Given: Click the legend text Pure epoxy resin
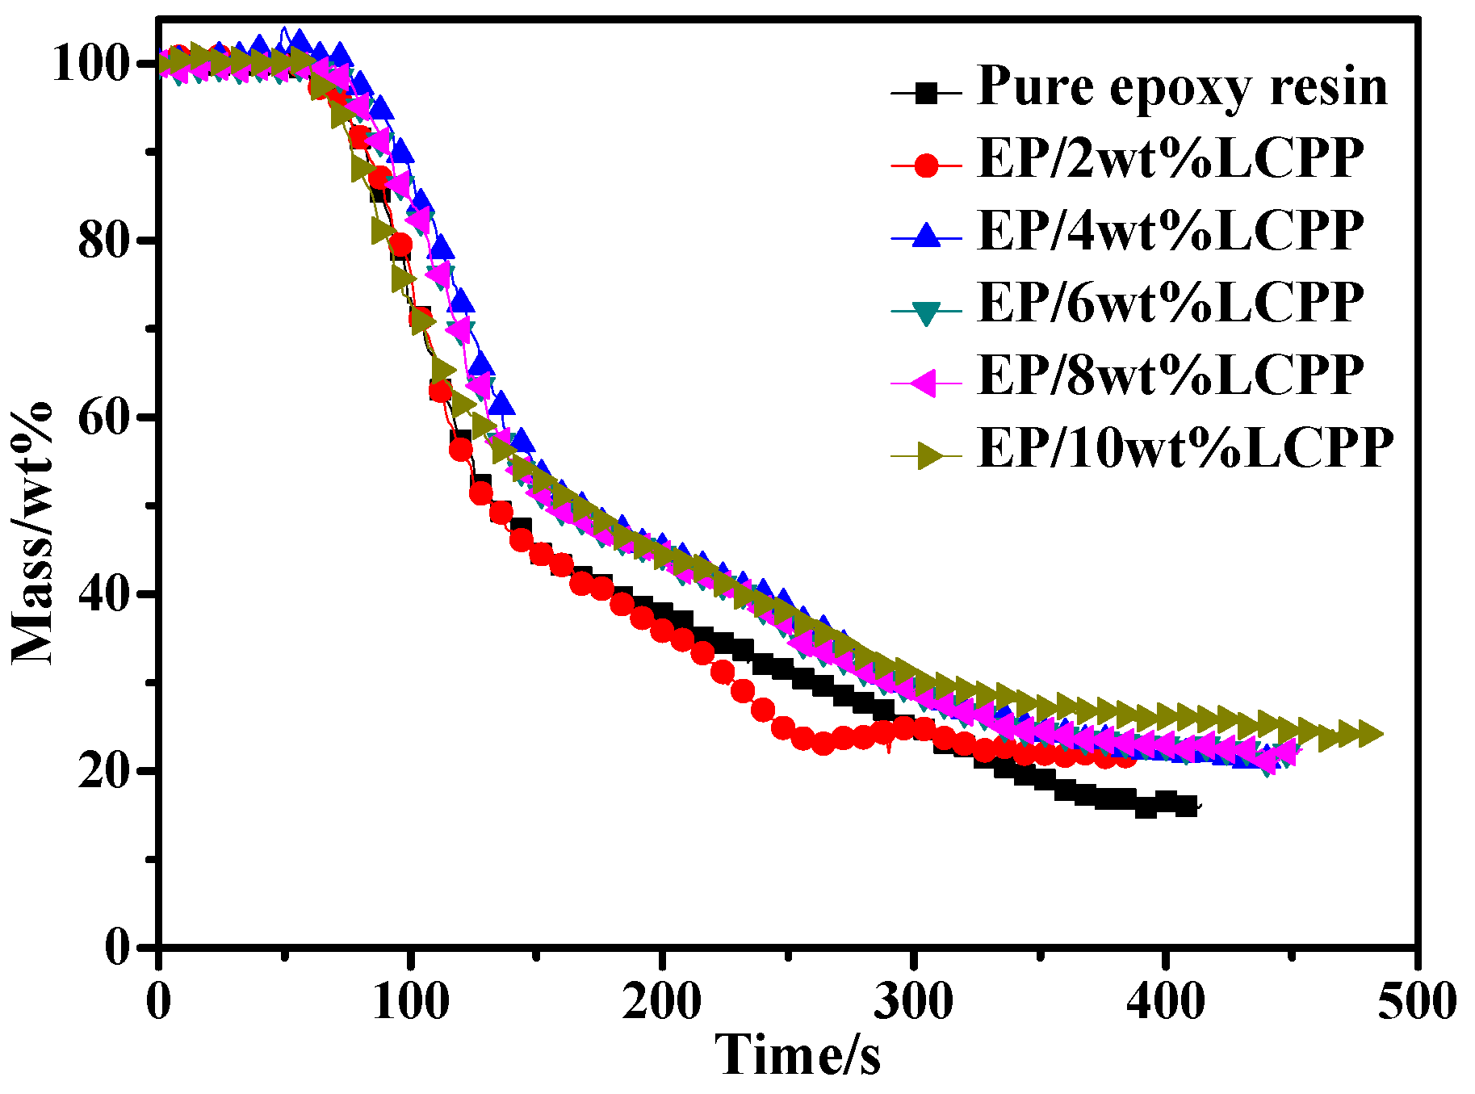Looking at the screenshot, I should tap(1182, 86).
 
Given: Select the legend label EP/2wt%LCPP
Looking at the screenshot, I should tap(1171, 158).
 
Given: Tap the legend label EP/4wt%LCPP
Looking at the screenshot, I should tap(1171, 231).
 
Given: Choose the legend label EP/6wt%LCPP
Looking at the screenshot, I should tap(1171, 303).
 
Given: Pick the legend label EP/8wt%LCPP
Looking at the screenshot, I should tap(1171, 375).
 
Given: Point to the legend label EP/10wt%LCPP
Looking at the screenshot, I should tap(1185, 447).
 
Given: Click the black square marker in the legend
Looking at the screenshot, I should tap(928, 94).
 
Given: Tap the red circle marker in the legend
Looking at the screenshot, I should tap(928, 166).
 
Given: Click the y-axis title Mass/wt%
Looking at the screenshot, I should tap(32, 533).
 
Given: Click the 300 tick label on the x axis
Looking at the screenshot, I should tap(913, 1001).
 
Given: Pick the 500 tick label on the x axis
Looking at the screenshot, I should tap(1416, 1001).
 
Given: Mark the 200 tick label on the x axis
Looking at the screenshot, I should tap(662, 1001).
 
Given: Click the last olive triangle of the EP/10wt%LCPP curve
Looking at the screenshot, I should tap(1369, 734).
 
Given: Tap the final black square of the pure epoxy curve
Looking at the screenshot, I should tap(1186, 806).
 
